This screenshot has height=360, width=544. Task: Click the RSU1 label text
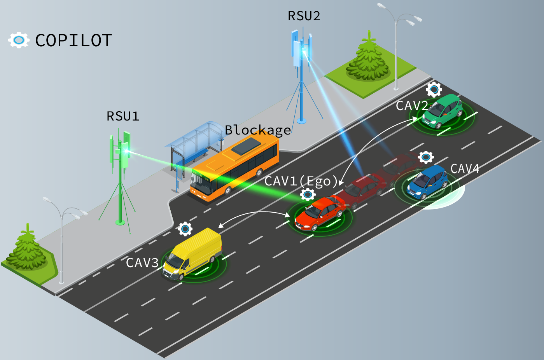pos(122,116)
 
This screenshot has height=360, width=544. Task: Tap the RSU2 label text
pos(304,16)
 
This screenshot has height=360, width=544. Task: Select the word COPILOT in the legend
pos(73,40)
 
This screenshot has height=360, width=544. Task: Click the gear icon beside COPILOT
pos(19,40)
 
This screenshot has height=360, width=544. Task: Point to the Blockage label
pos(258,130)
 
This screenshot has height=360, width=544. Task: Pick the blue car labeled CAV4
pos(427,181)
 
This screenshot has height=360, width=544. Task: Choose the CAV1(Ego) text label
pos(301,181)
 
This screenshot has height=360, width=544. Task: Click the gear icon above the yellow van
pos(185,229)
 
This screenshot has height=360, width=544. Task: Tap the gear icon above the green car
pos(434,89)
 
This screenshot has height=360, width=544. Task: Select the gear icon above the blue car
pos(426,157)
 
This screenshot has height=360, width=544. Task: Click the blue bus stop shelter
pos(194,144)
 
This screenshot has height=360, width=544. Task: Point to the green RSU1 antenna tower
pos(121,175)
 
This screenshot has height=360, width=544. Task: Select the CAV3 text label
pos(142,263)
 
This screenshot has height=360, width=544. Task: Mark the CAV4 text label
pos(465,169)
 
